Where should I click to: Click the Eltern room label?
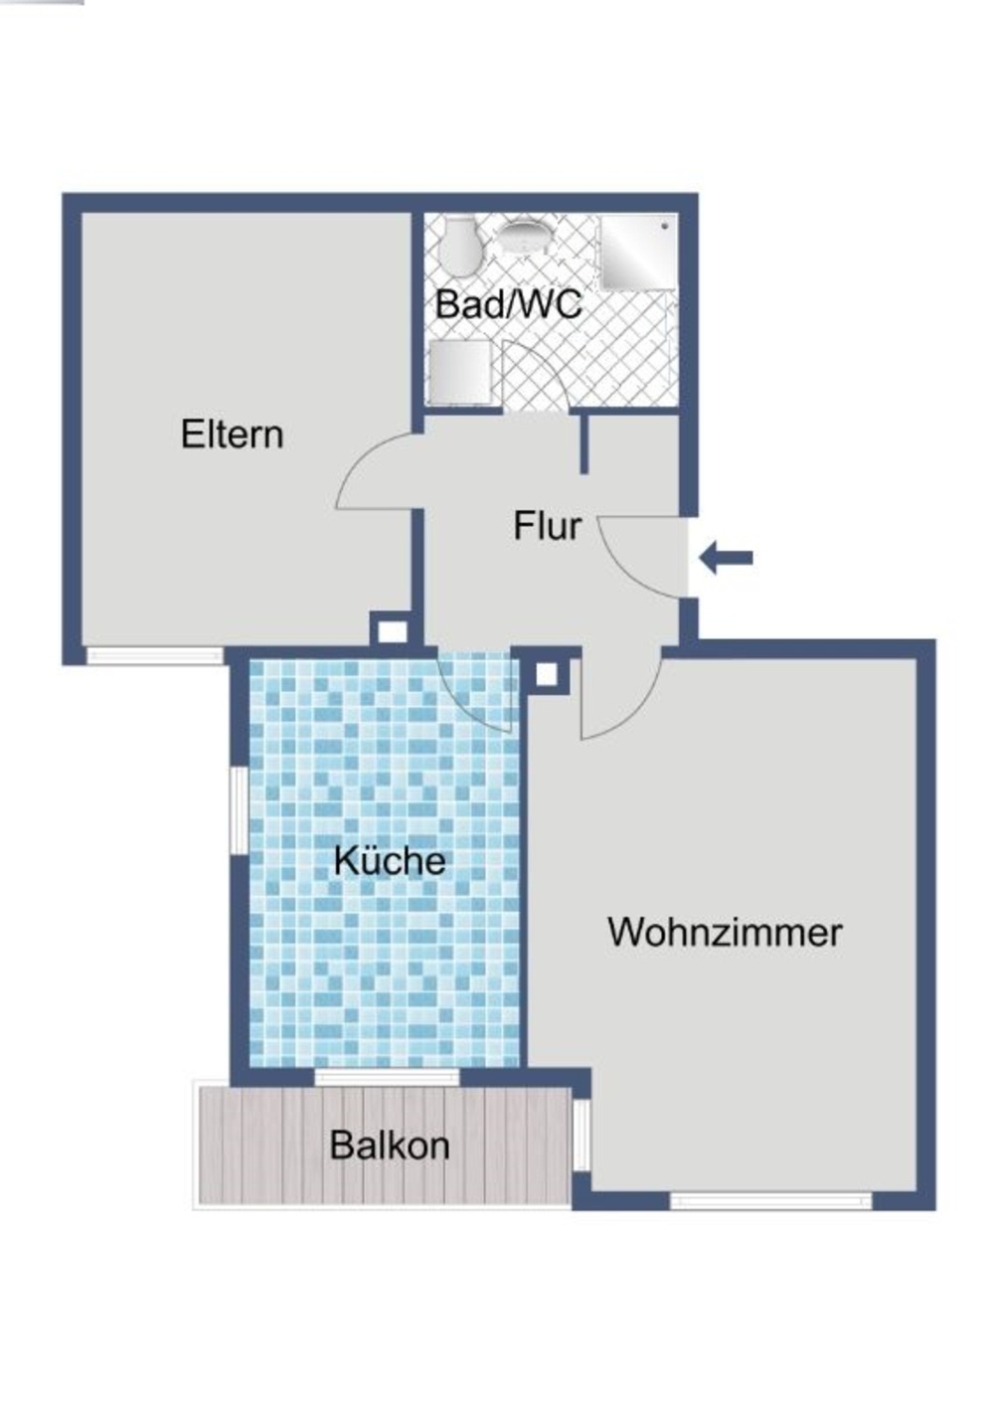(x=232, y=435)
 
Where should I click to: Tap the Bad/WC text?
(x=508, y=304)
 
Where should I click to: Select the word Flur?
(x=547, y=526)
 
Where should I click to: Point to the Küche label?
(x=389, y=860)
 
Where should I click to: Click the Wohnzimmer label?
(x=725, y=933)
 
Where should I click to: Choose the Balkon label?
(x=389, y=1145)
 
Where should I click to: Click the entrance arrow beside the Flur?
(x=727, y=558)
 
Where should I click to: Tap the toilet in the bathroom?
(x=460, y=248)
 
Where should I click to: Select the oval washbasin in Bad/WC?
(x=523, y=237)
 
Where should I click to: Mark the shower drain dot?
(x=665, y=226)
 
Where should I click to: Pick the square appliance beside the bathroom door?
(x=459, y=371)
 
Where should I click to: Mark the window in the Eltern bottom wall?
(x=155, y=655)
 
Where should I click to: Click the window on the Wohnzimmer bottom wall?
(x=770, y=1200)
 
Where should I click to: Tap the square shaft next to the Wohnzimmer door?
(x=547, y=674)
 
